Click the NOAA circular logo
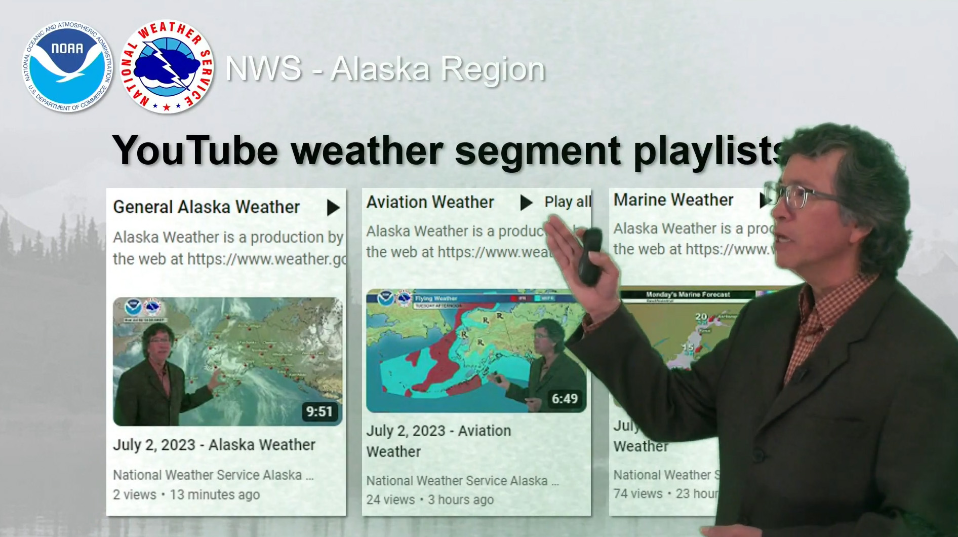tap(67, 66)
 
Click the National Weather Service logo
tap(168, 66)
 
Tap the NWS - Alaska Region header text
tap(385, 69)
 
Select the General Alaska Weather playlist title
tap(206, 207)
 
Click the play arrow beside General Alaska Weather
tap(333, 208)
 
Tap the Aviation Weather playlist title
tap(430, 202)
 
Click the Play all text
tap(567, 202)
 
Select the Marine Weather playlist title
tap(673, 200)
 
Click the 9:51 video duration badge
tap(319, 411)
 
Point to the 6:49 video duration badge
tap(565, 399)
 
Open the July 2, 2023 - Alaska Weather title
tap(214, 445)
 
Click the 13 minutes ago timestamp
tap(215, 494)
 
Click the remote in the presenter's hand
tap(590, 256)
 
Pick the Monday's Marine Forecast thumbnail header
tap(688, 294)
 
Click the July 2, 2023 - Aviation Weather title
tap(438, 441)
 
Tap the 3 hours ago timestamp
tap(461, 500)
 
